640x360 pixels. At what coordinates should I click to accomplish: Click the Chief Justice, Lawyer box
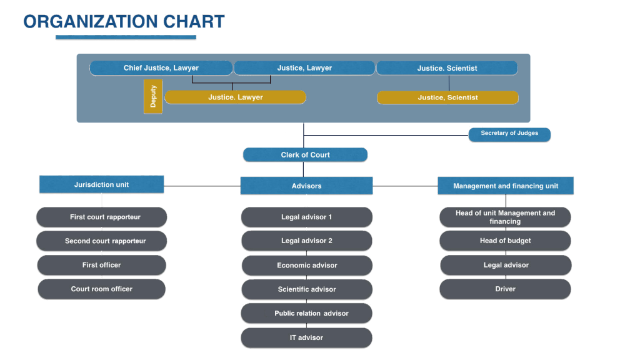[161, 68]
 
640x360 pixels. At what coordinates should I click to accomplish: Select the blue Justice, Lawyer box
[304, 68]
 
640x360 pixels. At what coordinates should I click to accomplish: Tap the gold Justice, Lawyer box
[235, 97]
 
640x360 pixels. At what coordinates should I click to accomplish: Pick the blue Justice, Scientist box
[447, 68]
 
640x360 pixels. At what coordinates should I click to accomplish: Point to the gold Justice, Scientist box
[447, 97]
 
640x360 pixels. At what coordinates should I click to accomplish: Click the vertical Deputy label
[153, 96]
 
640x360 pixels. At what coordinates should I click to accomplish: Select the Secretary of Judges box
[509, 134]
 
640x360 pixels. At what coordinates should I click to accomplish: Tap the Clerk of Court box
[305, 155]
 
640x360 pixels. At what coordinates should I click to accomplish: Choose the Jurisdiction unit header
[101, 184]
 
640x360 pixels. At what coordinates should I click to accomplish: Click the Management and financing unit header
[505, 186]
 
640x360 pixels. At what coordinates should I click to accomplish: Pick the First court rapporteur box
[102, 217]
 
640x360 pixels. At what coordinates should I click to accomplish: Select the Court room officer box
[102, 289]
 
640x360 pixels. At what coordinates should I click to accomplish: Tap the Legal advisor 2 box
[306, 241]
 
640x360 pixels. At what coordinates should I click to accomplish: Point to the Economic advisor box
[306, 266]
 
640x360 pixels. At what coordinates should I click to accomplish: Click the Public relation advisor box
[306, 314]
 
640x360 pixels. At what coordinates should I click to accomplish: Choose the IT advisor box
[306, 338]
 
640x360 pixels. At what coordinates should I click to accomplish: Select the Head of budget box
[505, 241]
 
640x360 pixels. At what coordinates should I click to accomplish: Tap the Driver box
[505, 289]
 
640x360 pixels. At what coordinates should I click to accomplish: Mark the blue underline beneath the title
[126, 38]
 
